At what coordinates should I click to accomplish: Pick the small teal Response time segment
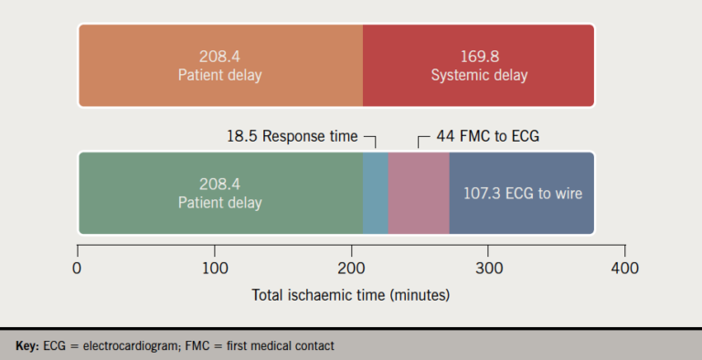pyautogui.click(x=376, y=194)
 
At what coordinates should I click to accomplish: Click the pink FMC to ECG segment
pyautogui.click(x=419, y=194)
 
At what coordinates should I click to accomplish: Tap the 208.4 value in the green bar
pyautogui.click(x=219, y=184)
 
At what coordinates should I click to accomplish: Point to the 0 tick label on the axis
pyautogui.click(x=77, y=269)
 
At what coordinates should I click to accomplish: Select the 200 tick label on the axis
pyautogui.click(x=351, y=269)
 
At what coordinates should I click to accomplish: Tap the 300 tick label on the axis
pyautogui.click(x=488, y=269)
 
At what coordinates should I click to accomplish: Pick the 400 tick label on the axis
pyautogui.click(x=625, y=269)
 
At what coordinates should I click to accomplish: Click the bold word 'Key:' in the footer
pyautogui.click(x=27, y=346)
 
